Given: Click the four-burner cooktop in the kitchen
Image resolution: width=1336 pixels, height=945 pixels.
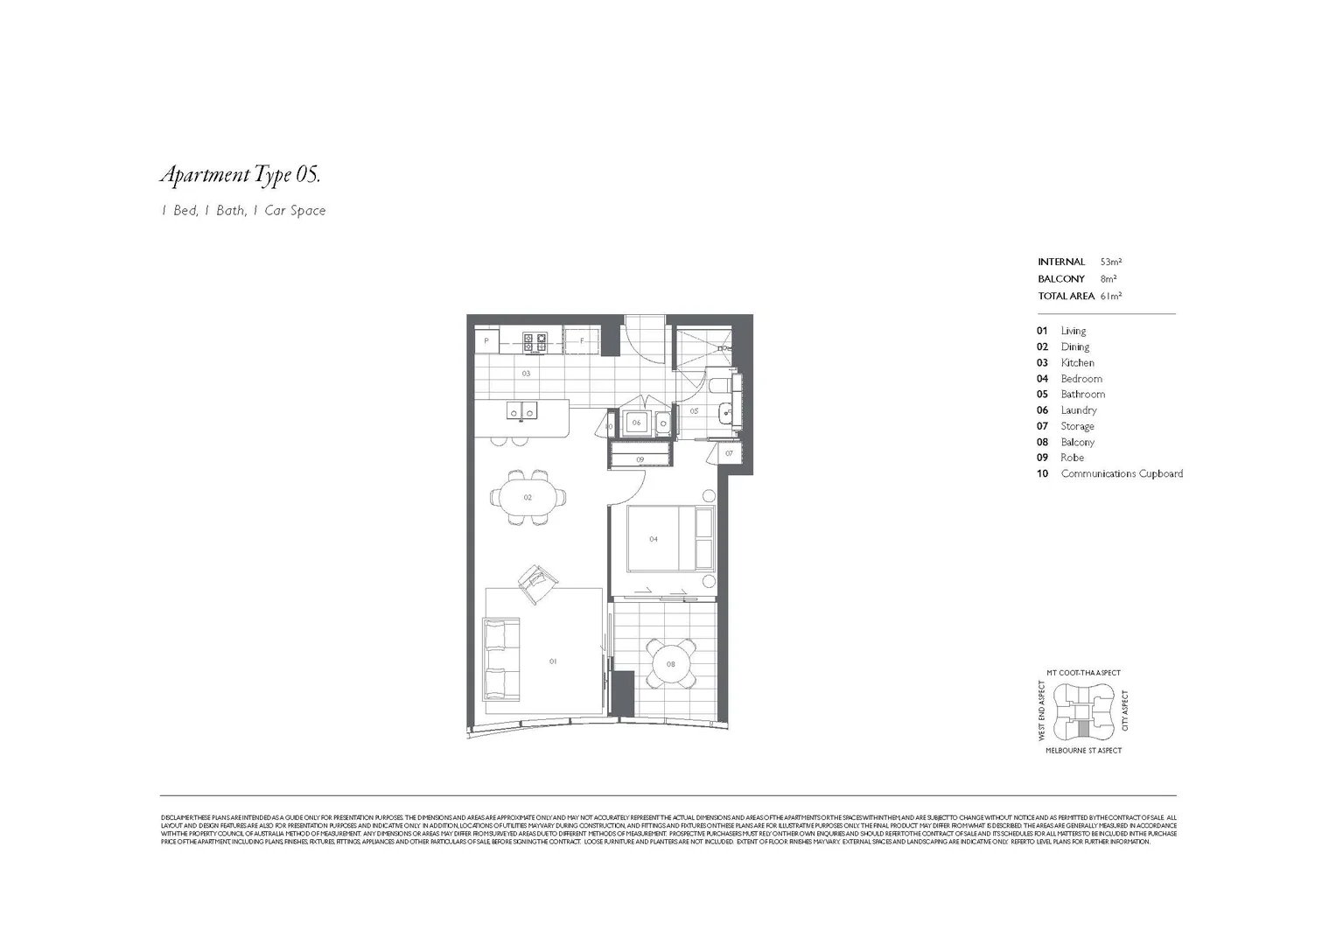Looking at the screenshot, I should pyautogui.click(x=535, y=342).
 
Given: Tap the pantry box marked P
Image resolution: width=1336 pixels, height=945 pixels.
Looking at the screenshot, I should pyautogui.click(x=486, y=341).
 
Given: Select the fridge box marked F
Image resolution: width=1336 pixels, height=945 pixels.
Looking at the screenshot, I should pyautogui.click(x=581, y=341).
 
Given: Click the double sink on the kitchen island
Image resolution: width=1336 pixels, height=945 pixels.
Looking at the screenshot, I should pyautogui.click(x=523, y=409).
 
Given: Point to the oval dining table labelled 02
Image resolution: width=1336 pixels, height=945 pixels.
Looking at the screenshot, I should pyautogui.click(x=528, y=498).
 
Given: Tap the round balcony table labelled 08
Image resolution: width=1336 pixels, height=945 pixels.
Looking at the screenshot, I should pyautogui.click(x=671, y=664).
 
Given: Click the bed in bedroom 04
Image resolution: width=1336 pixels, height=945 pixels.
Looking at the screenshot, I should pyautogui.click(x=670, y=539).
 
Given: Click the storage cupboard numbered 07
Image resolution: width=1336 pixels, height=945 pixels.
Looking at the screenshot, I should pyautogui.click(x=729, y=453).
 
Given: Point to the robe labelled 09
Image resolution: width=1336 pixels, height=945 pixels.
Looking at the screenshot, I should pyautogui.click(x=640, y=458).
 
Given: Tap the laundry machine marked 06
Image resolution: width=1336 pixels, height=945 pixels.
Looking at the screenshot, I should pyautogui.click(x=637, y=423).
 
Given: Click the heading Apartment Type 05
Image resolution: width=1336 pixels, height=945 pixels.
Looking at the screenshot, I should pyautogui.click(x=241, y=175).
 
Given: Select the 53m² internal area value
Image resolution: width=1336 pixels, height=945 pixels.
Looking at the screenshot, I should pyautogui.click(x=1111, y=262).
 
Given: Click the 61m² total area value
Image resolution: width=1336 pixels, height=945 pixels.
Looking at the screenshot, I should pyautogui.click(x=1111, y=296).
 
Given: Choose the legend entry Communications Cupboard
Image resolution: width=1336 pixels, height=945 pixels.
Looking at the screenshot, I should pyautogui.click(x=1122, y=473).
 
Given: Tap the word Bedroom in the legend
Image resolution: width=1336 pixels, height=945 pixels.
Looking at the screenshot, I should pyautogui.click(x=1081, y=379).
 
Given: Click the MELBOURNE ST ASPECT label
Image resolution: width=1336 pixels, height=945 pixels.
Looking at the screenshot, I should pyautogui.click(x=1083, y=750).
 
